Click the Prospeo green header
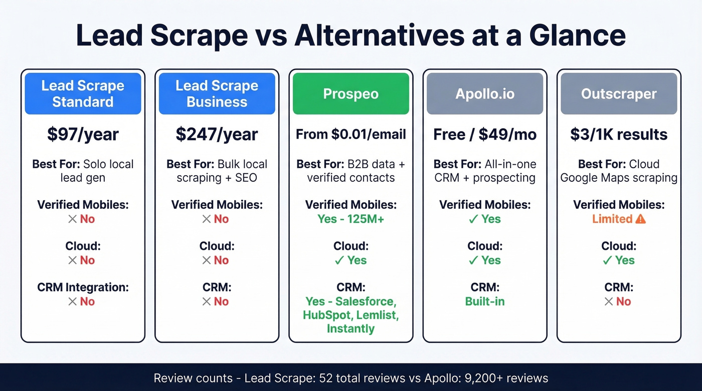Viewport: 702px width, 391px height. pos(350,94)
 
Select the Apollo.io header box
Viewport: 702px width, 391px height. pos(485,94)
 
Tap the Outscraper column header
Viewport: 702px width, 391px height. pos(619,94)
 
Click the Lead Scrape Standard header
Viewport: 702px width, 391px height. pos(83,94)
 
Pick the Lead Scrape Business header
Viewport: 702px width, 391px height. pos(217,94)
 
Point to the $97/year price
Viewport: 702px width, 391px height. pos(83,134)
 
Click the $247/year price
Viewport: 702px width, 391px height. pos(217,134)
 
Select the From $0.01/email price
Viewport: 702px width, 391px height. pos(350,134)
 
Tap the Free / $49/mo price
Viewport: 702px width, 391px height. pos(485,134)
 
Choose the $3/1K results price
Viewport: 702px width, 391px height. pos(619,134)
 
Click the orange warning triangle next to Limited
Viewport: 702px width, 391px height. pos(640,219)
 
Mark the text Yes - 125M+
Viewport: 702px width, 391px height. pos(350,219)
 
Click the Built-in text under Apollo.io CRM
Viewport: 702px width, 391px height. pos(485,301)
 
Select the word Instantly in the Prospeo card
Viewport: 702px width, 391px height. pos(350,329)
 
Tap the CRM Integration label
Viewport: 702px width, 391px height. pos(83,287)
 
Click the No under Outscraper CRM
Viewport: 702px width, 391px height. pos(623,301)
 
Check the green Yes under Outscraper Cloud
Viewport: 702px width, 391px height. pos(625,260)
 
